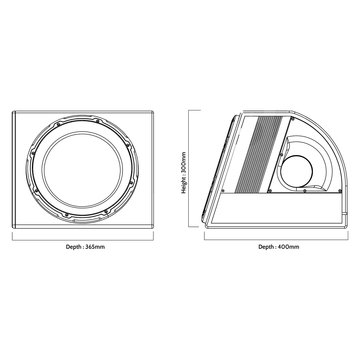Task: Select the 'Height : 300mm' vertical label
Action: (x=183, y=172)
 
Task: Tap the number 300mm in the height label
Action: (x=183, y=160)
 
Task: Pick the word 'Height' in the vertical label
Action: (x=183, y=188)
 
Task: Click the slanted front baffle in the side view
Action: (x=223, y=165)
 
